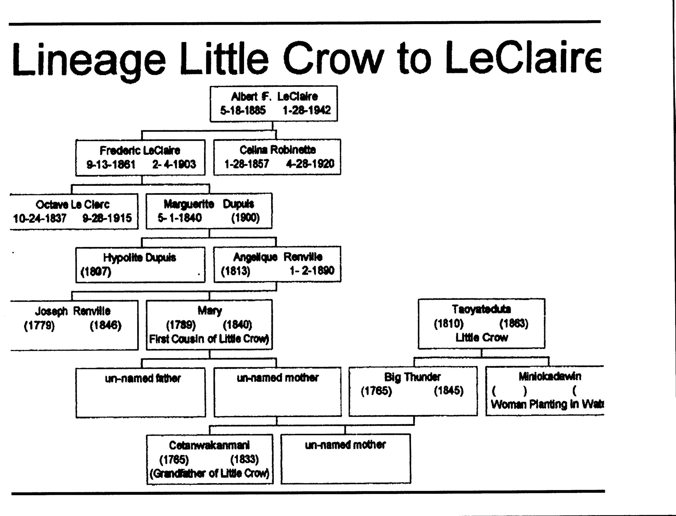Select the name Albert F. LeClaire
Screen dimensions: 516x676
pyautogui.click(x=274, y=96)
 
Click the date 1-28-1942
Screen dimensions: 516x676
pyautogui.click(x=306, y=110)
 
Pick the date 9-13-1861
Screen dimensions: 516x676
pyautogui.click(x=111, y=164)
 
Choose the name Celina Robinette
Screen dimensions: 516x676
pyautogui.click(x=278, y=150)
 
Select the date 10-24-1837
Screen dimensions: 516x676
pyautogui.click(x=40, y=218)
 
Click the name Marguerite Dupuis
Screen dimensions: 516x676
pyautogui.click(x=209, y=204)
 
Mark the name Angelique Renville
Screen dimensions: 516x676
pyautogui.click(x=278, y=257)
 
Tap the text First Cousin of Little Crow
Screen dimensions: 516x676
pyautogui.click(x=209, y=339)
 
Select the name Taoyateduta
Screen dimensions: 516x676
pyautogui.click(x=481, y=309)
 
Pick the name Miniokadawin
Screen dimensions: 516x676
pyautogui.click(x=550, y=376)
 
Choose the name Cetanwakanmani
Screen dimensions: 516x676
pyautogui.click(x=209, y=445)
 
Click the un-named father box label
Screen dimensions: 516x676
pyautogui.click(x=143, y=378)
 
